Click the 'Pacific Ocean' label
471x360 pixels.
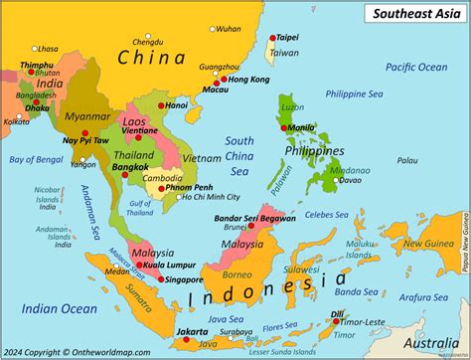[416, 67]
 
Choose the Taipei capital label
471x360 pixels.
[286, 34]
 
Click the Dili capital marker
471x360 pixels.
[336, 321]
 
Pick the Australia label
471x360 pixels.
[428, 344]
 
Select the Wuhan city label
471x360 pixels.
[228, 30]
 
